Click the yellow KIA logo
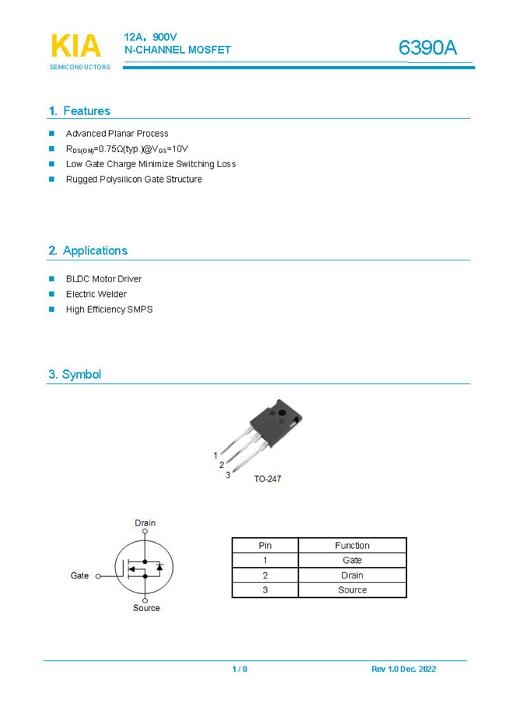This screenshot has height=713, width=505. (x=75, y=47)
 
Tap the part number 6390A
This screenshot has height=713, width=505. (x=427, y=48)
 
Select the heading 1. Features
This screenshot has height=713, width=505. (x=79, y=111)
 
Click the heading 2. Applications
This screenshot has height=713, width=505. (x=88, y=251)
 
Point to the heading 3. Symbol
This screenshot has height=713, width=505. (x=75, y=375)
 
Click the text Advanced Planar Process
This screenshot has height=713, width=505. (x=117, y=134)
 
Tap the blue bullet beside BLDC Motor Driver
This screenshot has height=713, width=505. (x=52, y=278)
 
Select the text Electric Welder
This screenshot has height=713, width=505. (x=96, y=294)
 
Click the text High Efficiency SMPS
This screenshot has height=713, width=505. (x=109, y=309)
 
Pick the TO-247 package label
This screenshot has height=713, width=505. (x=267, y=479)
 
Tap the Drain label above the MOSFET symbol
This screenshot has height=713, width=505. (x=145, y=523)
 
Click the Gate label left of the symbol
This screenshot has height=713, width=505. (x=79, y=576)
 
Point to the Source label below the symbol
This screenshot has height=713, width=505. (x=146, y=608)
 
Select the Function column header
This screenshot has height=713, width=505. (x=352, y=546)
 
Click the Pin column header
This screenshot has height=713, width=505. (x=265, y=546)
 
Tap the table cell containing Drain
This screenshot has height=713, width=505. (x=352, y=575)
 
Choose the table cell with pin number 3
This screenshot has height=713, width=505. (x=265, y=590)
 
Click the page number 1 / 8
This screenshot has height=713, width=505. (x=240, y=669)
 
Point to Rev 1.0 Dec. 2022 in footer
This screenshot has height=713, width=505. (x=403, y=669)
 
